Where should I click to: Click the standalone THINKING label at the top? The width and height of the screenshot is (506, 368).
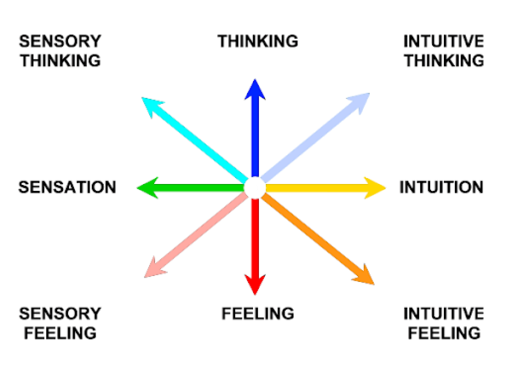258,41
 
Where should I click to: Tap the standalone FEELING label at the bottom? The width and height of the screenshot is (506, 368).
258,314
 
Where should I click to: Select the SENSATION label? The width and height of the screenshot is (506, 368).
67,188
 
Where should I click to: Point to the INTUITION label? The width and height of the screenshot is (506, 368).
441,188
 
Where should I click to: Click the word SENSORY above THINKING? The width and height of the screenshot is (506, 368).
60,41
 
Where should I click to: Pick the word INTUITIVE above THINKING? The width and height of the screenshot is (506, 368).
444,41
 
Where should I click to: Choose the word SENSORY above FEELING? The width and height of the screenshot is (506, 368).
60,314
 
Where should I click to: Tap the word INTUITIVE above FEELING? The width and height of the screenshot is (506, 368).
444,314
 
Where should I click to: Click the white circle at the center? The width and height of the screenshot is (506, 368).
254,188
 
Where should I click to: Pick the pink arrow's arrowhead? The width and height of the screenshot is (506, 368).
148,274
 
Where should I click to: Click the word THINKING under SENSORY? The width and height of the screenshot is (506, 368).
60,61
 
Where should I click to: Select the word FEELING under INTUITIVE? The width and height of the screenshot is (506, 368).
444,333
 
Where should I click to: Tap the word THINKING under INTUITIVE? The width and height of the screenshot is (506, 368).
444,61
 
